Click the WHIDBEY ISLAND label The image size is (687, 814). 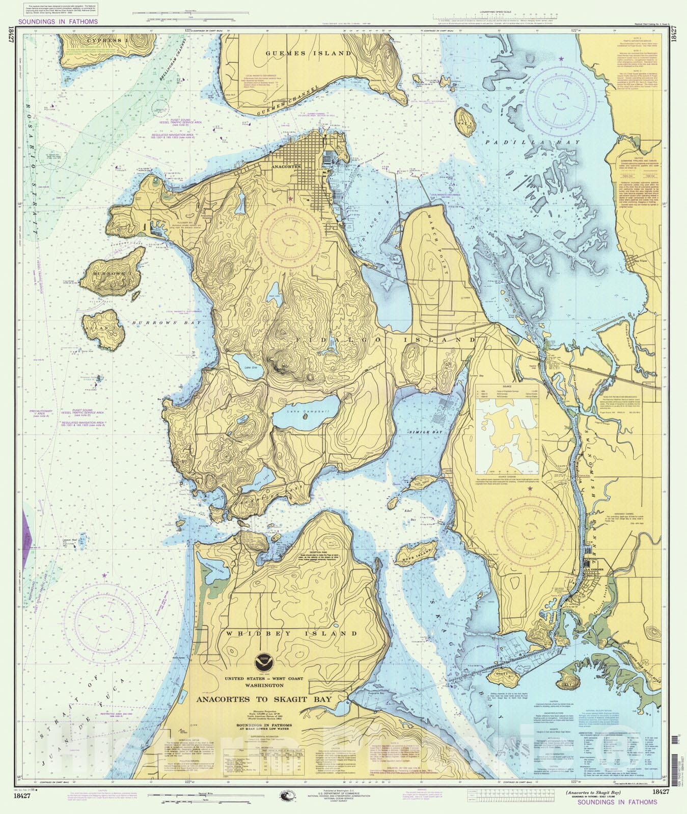coord(292,633)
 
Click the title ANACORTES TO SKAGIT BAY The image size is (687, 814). coord(264,700)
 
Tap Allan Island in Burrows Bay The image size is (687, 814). coord(104,330)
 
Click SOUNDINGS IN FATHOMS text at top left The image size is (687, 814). coord(58,22)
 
